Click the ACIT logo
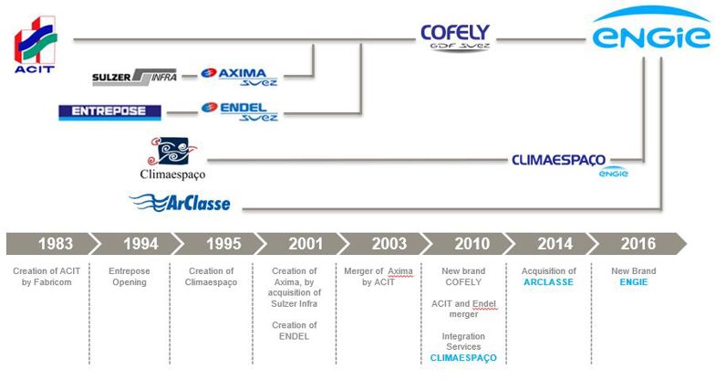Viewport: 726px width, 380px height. pyautogui.click(x=36, y=45)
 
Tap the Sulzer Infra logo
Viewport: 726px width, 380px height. pyautogui.click(x=134, y=77)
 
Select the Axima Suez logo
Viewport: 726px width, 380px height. pyautogui.click(x=239, y=77)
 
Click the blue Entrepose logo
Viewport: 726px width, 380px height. pyautogui.click(x=109, y=111)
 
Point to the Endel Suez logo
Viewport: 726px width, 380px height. pyautogui.click(x=239, y=111)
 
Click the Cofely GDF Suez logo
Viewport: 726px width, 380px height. pyautogui.click(x=455, y=37)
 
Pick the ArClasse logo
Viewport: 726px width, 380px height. pyautogui.click(x=180, y=203)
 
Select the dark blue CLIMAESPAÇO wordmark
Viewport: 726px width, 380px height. pyautogui.click(x=558, y=160)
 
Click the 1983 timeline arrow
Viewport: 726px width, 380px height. pyautogui.click(x=54, y=244)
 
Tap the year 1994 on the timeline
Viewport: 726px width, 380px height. pyautogui.click(x=140, y=244)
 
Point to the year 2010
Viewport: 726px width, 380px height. pyautogui.click(x=472, y=244)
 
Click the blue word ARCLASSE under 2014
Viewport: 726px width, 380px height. pyautogui.click(x=549, y=282)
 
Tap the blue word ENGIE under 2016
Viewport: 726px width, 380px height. pyautogui.click(x=634, y=282)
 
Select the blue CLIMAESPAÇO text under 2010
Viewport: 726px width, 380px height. pyautogui.click(x=463, y=358)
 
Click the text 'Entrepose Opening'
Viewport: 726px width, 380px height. pyautogui.click(x=130, y=277)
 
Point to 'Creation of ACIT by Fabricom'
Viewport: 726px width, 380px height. pyautogui.click(x=47, y=277)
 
